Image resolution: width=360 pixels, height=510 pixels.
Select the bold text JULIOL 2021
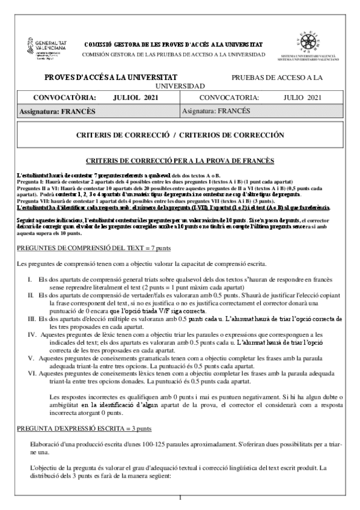[x=135, y=97]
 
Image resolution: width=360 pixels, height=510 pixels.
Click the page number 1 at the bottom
[x=180, y=499]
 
